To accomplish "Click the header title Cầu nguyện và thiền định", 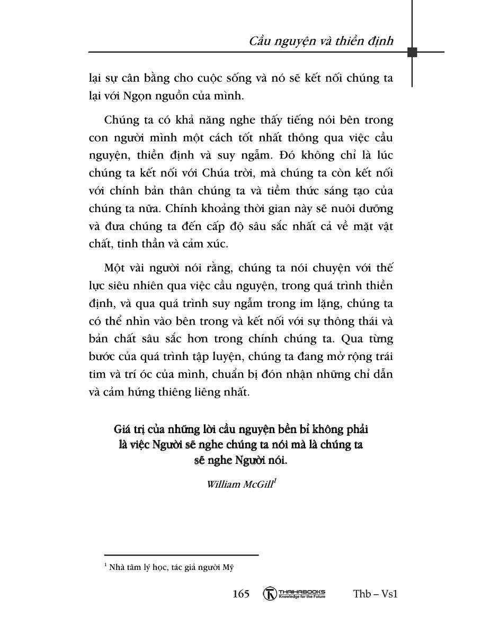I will [321, 41].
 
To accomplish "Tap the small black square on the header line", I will [412, 52].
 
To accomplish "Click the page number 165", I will [241, 594].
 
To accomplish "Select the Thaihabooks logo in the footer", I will [294, 594].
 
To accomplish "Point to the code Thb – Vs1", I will [375, 594].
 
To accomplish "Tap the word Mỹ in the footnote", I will [229, 567].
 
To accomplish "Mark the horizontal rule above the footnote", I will [181, 555].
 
